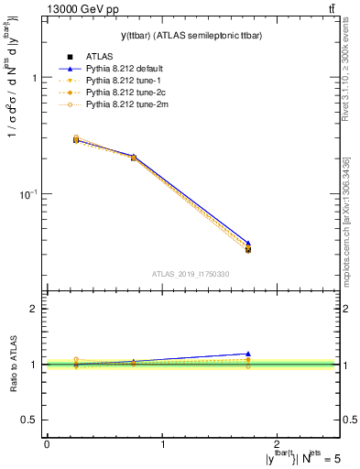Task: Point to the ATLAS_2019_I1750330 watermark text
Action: [x=191, y=274]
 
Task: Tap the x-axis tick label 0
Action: [x=47, y=444]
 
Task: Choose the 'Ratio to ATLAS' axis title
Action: [x=13, y=365]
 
